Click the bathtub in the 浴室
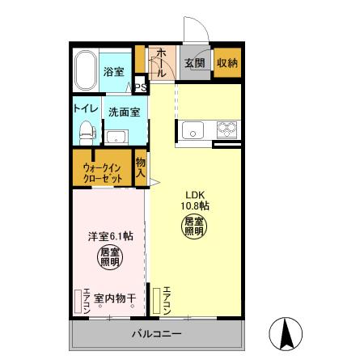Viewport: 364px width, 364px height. click(86, 71)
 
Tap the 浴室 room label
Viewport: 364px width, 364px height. click(113, 72)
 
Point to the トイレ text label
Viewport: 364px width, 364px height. click(86, 107)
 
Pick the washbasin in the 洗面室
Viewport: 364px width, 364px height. click(116, 135)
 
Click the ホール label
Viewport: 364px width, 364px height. click(161, 61)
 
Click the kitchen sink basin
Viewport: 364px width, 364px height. click(194, 129)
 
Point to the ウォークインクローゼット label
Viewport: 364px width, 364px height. click(103, 172)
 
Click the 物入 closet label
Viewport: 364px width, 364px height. click(141, 167)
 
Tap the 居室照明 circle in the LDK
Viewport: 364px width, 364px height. click(193, 226)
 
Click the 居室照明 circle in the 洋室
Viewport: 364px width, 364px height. click(111, 256)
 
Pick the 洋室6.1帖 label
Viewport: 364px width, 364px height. click(111, 236)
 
